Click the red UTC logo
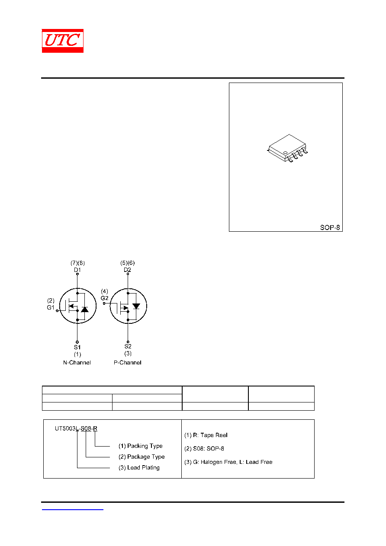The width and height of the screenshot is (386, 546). (x=63, y=41)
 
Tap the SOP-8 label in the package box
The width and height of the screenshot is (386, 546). (x=330, y=227)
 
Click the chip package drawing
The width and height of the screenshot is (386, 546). (x=287, y=148)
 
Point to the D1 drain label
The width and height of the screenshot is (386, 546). (x=77, y=270)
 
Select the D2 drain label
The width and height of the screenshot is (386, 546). (x=127, y=270)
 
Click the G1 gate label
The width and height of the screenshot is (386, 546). (x=51, y=307)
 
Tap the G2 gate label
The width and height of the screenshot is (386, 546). (x=104, y=298)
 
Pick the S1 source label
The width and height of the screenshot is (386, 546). (x=77, y=347)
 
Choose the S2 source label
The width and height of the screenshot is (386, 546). (x=128, y=346)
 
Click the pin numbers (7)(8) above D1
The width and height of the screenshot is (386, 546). (x=77, y=263)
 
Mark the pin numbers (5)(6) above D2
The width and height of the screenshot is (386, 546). (x=127, y=263)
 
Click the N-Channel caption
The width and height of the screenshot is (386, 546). (x=77, y=362)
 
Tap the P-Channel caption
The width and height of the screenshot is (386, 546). (x=127, y=362)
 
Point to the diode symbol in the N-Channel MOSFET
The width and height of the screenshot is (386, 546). (x=85, y=310)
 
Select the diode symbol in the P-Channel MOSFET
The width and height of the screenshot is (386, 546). (x=136, y=306)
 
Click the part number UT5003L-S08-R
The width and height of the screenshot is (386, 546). (x=76, y=428)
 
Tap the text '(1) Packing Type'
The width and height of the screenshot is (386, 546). (x=141, y=446)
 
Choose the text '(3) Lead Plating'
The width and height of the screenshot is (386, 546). (x=139, y=467)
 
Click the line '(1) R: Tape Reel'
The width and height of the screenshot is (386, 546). (x=206, y=435)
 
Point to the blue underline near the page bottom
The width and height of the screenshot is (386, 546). (x=72, y=510)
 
